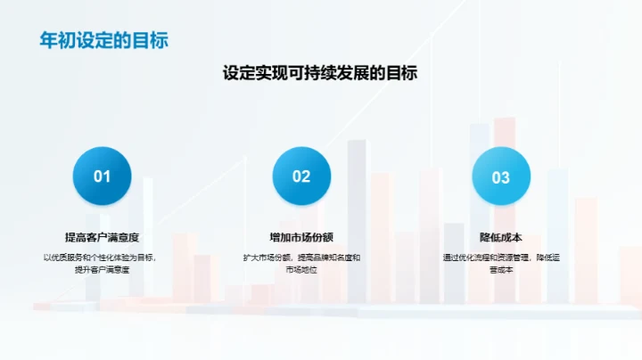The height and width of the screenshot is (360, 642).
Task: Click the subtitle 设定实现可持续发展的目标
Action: [x=320, y=74]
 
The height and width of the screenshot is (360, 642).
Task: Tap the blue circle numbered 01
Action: [x=102, y=176]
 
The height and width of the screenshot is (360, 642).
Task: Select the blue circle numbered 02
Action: [x=301, y=176]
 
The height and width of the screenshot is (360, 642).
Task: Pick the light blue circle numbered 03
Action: [x=500, y=176]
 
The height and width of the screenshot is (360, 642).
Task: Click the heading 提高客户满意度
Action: [x=102, y=237]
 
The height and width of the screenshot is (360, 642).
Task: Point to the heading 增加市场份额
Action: [x=301, y=237]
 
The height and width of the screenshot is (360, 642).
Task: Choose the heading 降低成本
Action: [x=500, y=237]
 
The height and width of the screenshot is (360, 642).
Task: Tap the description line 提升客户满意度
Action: [x=102, y=269]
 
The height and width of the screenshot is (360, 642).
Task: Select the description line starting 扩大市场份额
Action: [x=301, y=258]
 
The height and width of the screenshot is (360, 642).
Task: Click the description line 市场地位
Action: [x=301, y=269]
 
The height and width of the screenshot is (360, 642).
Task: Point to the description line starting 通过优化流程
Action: [x=500, y=258]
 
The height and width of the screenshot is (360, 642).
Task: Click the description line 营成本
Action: [x=500, y=269]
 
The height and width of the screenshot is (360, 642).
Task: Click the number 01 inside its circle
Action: [x=102, y=176]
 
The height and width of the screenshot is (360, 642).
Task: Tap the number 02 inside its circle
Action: [x=301, y=176]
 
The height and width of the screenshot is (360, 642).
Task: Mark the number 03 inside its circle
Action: [x=500, y=177]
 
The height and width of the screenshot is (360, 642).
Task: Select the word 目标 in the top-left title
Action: [x=151, y=41]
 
